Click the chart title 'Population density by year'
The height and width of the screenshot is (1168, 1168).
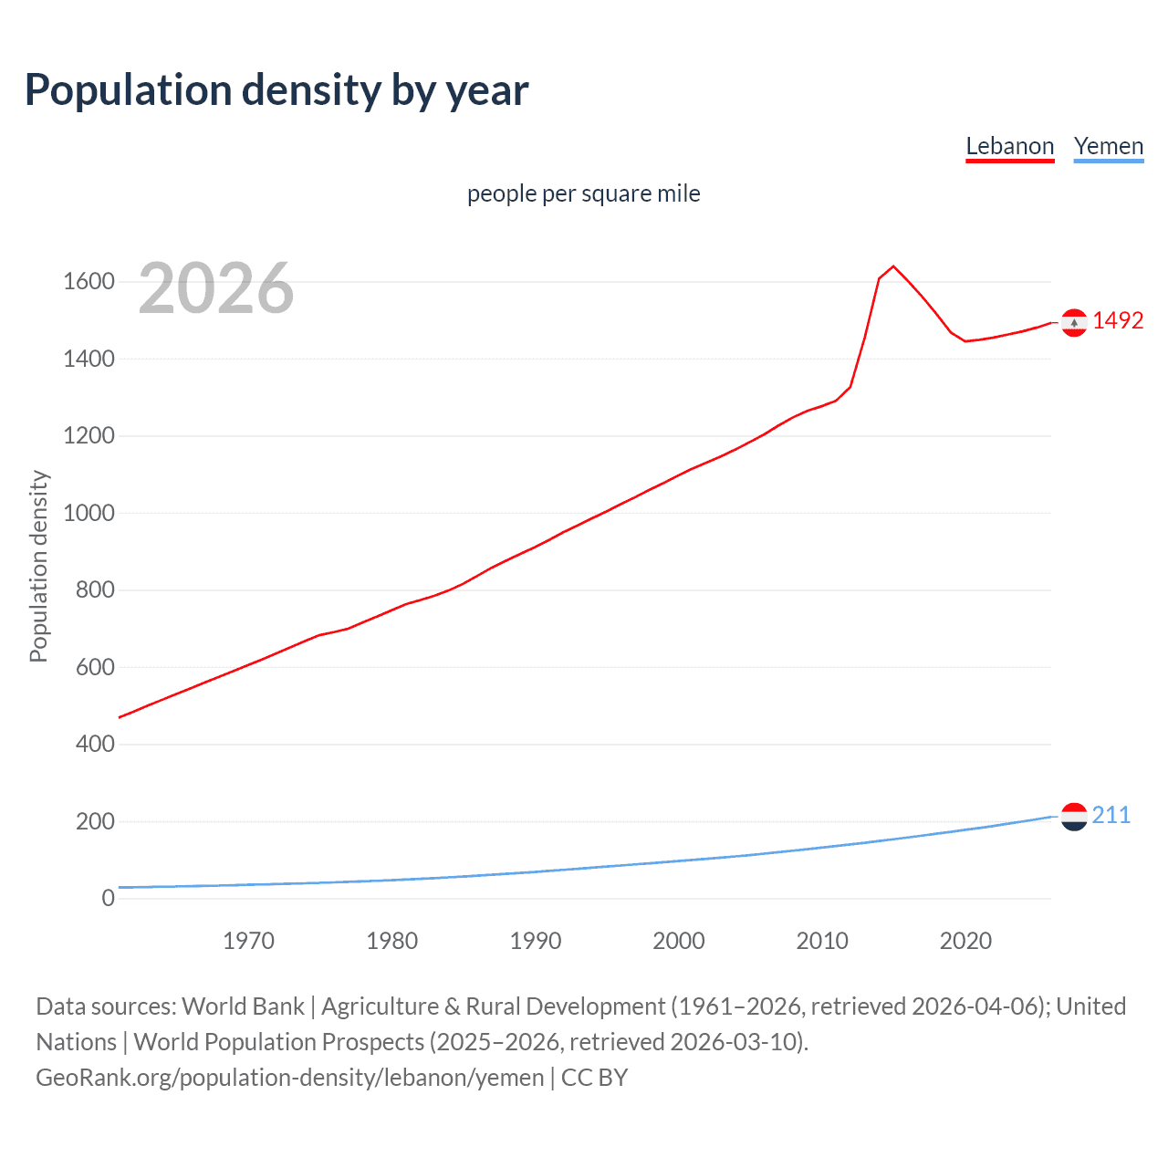276,90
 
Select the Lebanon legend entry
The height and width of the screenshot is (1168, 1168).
1009,147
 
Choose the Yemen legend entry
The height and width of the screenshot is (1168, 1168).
1108,147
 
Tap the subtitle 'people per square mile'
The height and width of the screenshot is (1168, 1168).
583,193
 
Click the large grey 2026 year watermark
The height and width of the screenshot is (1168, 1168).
216,288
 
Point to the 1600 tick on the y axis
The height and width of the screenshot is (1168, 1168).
89,282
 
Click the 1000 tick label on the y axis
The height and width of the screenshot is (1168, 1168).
89,513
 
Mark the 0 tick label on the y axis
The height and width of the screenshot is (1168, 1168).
109,898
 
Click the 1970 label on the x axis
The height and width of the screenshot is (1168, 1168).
248,941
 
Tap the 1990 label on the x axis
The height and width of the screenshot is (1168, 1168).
536,941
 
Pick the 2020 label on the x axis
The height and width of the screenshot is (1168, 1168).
965,941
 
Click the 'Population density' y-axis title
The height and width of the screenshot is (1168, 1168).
38,566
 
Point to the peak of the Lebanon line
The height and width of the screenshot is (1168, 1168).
893,266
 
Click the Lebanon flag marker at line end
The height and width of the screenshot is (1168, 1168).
1074,322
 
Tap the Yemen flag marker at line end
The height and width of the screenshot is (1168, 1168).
1074,817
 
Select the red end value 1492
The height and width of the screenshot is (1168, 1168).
1118,321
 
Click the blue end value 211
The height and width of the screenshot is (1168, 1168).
1111,816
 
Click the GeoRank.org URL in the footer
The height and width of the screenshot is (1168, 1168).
289,1078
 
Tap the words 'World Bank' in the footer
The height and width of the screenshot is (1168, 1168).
243,1006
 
